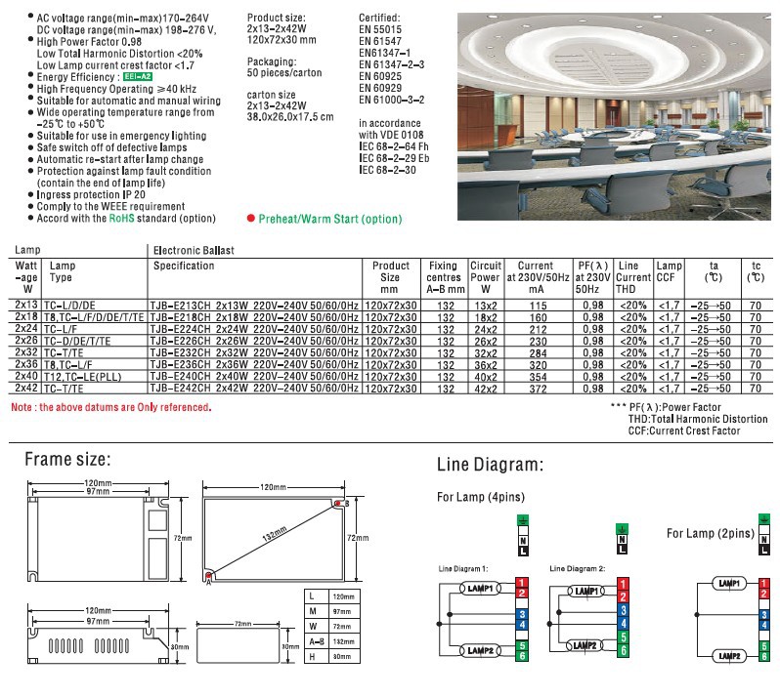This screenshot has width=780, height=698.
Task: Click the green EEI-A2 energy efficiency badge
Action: (x=137, y=76)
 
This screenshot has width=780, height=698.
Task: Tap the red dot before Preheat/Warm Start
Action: (x=251, y=220)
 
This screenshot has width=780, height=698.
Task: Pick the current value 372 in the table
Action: (x=536, y=388)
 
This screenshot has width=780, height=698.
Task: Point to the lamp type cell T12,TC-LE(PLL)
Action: (x=89, y=376)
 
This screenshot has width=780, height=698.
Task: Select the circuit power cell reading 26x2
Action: (x=486, y=341)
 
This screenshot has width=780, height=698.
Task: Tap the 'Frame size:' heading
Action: (x=67, y=459)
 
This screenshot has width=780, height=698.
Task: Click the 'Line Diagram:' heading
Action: (x=490, y=465)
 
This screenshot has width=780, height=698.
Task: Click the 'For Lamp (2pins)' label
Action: (x=711, y=533)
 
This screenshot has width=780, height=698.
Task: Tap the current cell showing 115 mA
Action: (x=536, y=306)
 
